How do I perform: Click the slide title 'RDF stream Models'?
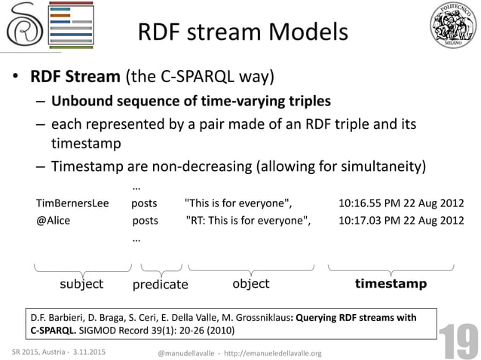(242, 32)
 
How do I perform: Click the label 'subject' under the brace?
(81, 284)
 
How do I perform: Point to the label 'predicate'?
(160, 285)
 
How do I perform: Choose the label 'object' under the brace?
(250, 284)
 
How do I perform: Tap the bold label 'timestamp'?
(391, 284)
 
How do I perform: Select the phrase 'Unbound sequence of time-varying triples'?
(191, 101)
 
